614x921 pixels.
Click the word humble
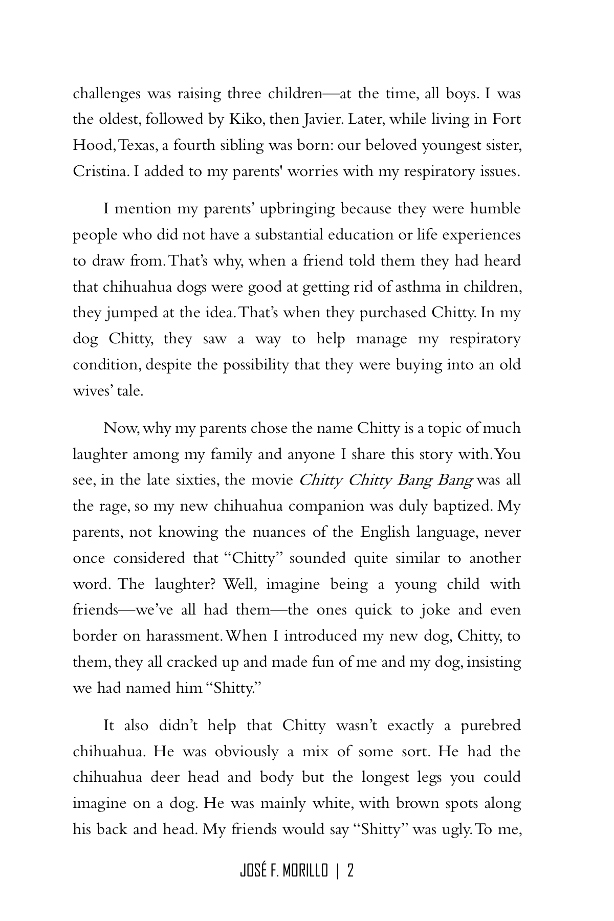495,209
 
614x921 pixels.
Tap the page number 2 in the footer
350,870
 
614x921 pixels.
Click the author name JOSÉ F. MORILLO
283,870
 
